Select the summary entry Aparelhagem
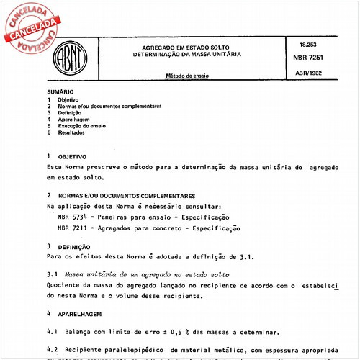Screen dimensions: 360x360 (73, 120)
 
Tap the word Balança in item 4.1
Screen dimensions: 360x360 (78, 332)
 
